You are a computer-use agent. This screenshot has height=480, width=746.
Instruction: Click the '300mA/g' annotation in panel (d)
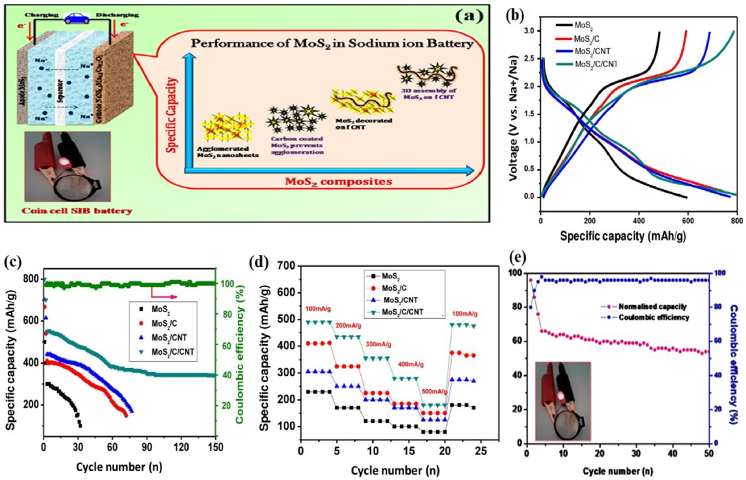tap(379, 344)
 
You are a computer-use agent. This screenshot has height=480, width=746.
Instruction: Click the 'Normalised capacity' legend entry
tap(652, 307)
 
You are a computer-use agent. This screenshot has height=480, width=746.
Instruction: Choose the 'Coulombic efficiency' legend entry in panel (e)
tap(654, 318)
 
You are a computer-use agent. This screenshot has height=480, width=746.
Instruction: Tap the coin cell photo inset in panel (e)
tap(563, 401)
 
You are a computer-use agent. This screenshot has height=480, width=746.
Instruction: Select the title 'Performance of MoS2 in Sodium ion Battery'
tap(332, 44)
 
